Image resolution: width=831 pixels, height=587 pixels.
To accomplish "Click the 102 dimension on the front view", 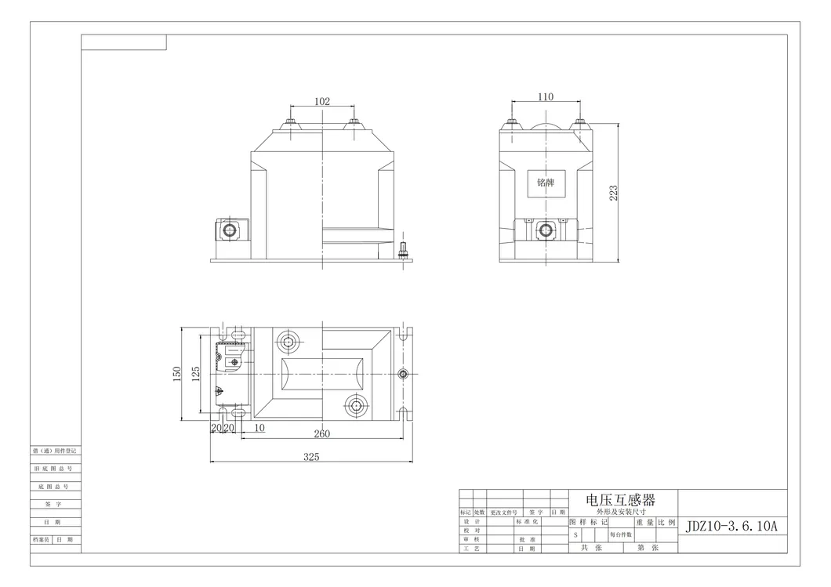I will [x=322, y=101].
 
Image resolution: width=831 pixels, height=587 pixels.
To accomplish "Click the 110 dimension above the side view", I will [x=546, y=97].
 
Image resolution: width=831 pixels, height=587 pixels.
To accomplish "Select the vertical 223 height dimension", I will [x=614, y=193].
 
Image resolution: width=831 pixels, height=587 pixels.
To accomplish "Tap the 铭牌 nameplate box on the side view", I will [x=546, y=182].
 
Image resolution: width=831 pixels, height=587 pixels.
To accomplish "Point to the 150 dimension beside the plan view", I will [x=178, y=375].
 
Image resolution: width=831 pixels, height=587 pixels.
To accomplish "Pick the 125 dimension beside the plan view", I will [x=197, y=375].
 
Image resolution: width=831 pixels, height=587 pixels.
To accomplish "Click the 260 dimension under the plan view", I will [x=321, y=433].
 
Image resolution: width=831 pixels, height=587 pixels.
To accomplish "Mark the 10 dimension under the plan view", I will [x=259, y=428].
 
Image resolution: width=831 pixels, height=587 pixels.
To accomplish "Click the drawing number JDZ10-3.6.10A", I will [x=731, y=526].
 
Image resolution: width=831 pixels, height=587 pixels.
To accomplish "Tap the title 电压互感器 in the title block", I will [x=621, y=499].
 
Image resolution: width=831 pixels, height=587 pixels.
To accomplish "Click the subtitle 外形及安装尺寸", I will [x=621, y=511].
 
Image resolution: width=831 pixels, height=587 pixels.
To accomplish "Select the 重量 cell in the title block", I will [x=645, y=521].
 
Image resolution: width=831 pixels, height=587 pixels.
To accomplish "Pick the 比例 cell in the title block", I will [x=666, y=521].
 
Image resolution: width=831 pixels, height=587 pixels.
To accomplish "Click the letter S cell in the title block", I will [x=576, y=534].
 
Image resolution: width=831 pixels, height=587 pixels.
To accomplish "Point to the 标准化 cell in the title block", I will [x=527, y=521].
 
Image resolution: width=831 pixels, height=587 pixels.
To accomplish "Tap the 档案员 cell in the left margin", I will [x=41, y=539].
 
